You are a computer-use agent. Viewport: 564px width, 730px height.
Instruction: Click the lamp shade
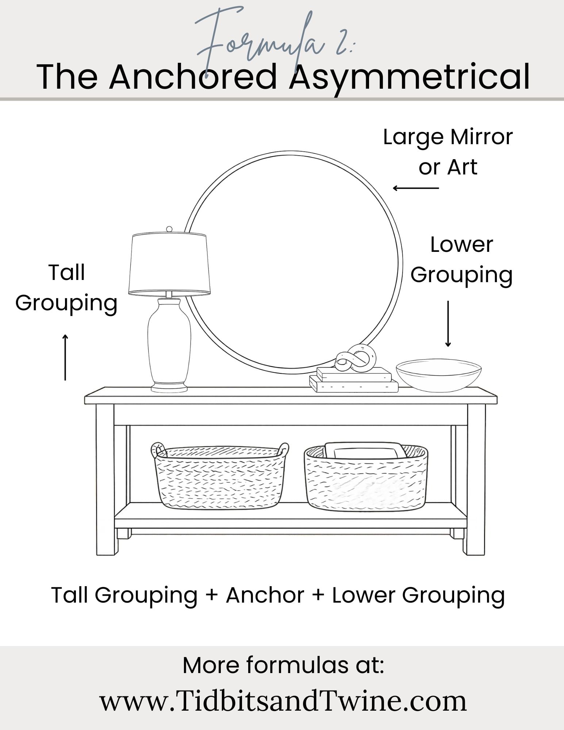coord(169,264)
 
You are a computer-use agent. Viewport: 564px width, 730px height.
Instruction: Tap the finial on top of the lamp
coord(169,229)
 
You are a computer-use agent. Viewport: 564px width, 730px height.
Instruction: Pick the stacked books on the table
coord(354,380)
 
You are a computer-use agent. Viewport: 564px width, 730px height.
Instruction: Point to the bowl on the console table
coord(439,375)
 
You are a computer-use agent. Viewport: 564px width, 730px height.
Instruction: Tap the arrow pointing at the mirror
coord(416,188)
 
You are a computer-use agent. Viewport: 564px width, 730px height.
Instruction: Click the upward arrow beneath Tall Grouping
coord(65,357)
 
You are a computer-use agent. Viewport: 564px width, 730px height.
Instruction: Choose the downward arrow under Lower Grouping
coord(448,324)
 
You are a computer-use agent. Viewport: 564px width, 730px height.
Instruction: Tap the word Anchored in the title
coord(193,77)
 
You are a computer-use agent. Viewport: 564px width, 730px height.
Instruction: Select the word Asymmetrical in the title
coord(409,78)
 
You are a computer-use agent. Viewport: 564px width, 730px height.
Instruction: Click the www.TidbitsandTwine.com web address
coord(283,701)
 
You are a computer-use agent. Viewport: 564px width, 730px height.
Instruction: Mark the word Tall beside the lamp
coord(66,273)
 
